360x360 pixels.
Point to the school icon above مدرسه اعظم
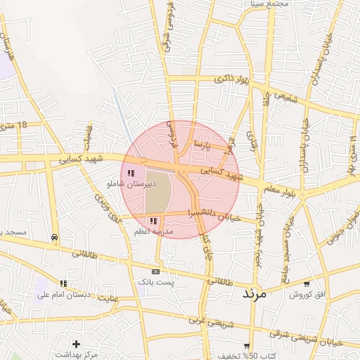click(x=153, y=221)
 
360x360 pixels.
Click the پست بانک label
click(x=155, y=281)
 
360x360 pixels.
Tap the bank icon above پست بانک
click(x=155, y=271)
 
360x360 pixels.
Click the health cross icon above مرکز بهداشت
click(x=76, y=344)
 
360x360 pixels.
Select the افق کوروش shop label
click(x=308, y=294)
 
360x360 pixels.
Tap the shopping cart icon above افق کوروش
click(x=307, y=283)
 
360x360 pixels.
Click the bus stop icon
click(x=54, y=238)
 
